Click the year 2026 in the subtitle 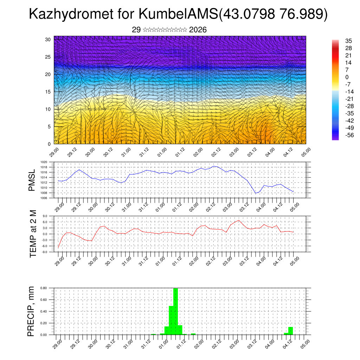tap(198, 30)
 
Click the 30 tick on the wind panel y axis tap(48, 39)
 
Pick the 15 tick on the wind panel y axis tap(48, 92)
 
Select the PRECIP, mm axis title tap(31, 311)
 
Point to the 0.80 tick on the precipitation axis tap(43, 288)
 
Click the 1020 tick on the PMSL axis tap(44, 162)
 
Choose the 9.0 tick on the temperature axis tap(45, 216)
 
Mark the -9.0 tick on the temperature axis tap(44, 252)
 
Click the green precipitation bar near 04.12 tap(290, 330)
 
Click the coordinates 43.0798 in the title tap(248, 14)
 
